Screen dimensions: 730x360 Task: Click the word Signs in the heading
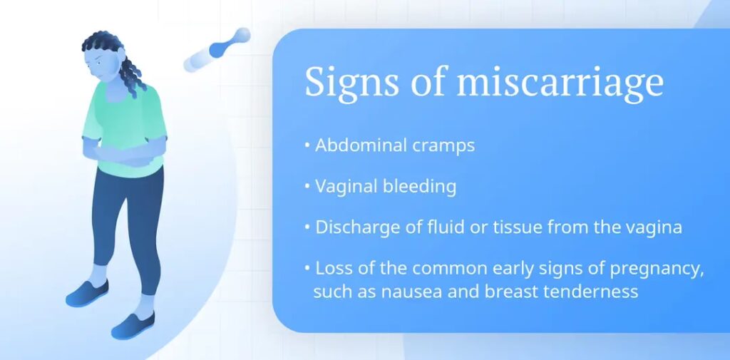coord(351,83)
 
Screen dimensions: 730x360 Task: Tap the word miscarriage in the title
coord(560,83)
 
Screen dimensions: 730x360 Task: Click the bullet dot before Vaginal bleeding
coord(307,186)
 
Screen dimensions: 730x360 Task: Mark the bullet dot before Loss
coord(307,268)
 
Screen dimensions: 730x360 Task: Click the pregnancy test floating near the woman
coord(217,49)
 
